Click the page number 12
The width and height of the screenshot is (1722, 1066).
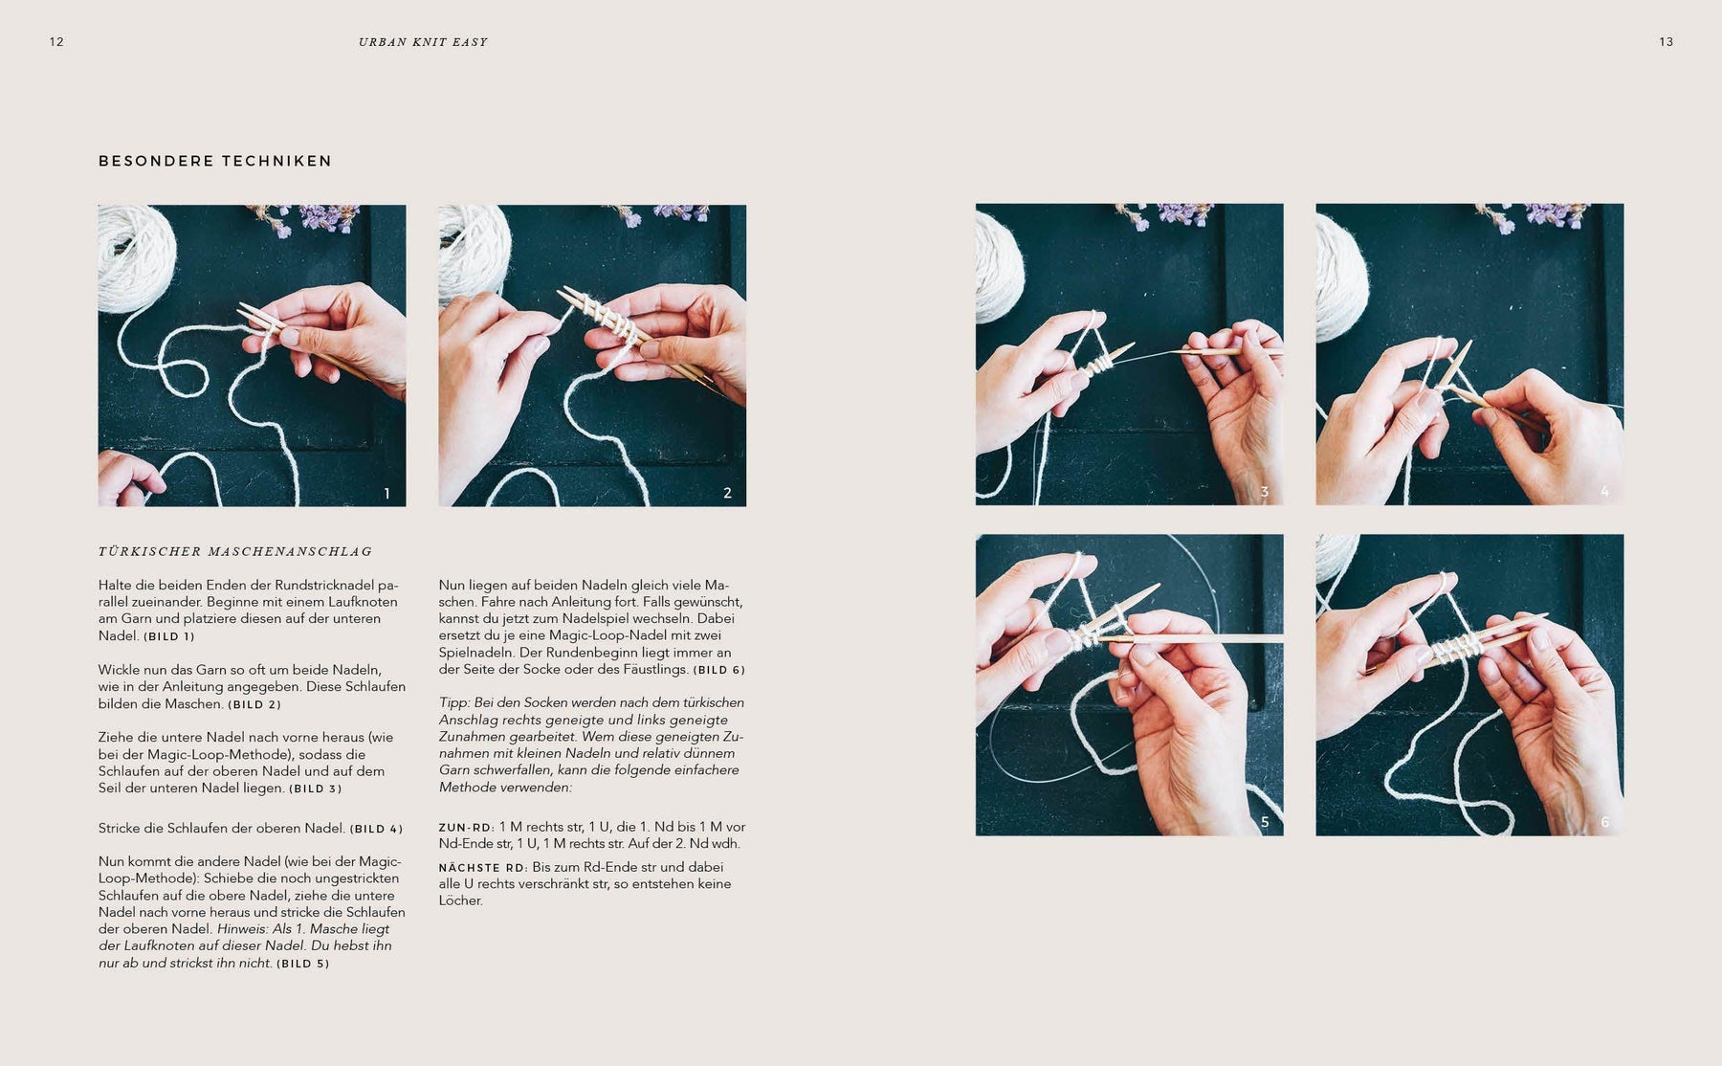pyautogui.click(x=56, y=42)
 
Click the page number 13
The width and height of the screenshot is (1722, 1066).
pyautogui.click(x=1666, y=42)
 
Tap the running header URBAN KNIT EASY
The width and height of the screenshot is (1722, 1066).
pyautogui.click(x=423, y=42)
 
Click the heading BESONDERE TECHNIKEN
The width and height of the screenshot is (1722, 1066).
pyautogui.click(x=215, y=161)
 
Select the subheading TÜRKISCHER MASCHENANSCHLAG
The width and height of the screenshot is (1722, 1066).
pyautogui.click(x=235, y=551)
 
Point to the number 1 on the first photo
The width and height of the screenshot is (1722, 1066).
pyautogui.click(x=386, y=494)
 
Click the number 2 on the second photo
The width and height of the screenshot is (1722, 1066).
pyautogui.click(x=727, y=494)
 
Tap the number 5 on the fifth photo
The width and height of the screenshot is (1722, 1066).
pyautogui.click(x=1265, y=822)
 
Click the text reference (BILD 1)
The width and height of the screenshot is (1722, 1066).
pyautogui.click(x=169, y=636)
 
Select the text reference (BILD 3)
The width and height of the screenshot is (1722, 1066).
pyautogui.click(x=315, y=789)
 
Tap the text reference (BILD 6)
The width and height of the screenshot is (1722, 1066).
pyautogui.click(x=718, y=671)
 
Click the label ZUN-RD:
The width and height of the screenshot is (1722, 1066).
pyautogui.click(x=467, y=828)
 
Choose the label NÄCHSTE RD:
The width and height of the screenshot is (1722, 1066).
pyautogui.click(x=483, y=868)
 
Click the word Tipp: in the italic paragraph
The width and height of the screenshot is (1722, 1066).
pyautogui.click(x=455, y=703)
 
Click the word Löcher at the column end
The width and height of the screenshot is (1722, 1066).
pyautogui.click(x=461, y=900)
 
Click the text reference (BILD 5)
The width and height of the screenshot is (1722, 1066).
pyautogui.click(x=302, y=964)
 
